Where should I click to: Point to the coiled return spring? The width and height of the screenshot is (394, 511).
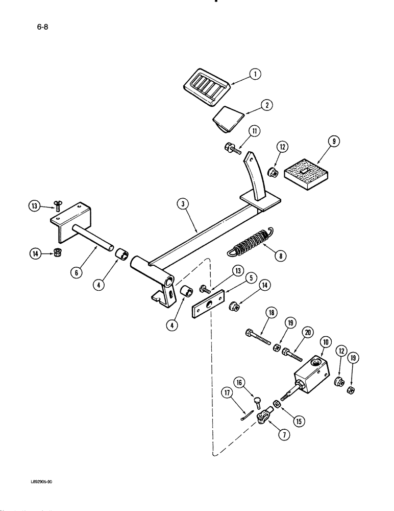[249, 241]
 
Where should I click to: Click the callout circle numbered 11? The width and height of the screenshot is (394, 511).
[254, 132]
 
